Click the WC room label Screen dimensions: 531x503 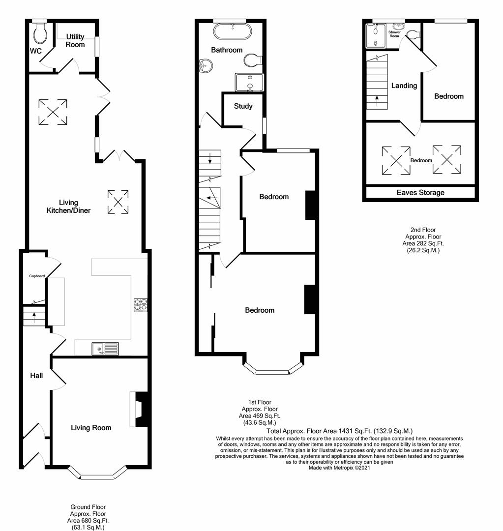pyautogui.click(x=35, y=51)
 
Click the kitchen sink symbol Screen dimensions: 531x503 pyautogui.click(x=105, y=349)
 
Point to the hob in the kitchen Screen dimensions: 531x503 pyautogui.click(x=140, y=305)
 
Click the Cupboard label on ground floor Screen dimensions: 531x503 pyautogui.click(x=37, y=276)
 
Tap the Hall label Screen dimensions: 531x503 pyautogui.click(x=36, y=376)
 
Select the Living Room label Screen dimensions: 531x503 pyautogui.click(x=91, y=428)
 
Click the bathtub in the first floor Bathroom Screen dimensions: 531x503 pyautogui.click(x=233, y=32)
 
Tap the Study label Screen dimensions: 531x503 pyautogui.click(x=243, y=106)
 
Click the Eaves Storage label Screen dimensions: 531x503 pyautogui.click(x=420, y=193)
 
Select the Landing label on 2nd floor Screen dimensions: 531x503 pyautogui.click(x=404, y=86)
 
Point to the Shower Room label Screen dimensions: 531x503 pyautogui.click(x=395, y=34)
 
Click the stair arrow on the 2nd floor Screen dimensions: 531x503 pyautogui.click(x=377, y=101)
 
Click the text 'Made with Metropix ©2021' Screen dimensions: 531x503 pyautogui.click(x=339, y=468)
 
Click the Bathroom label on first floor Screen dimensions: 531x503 pyautogui.click(x=227, y=50)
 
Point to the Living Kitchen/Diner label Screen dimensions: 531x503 pyautogui.click(x=75, y=206)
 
